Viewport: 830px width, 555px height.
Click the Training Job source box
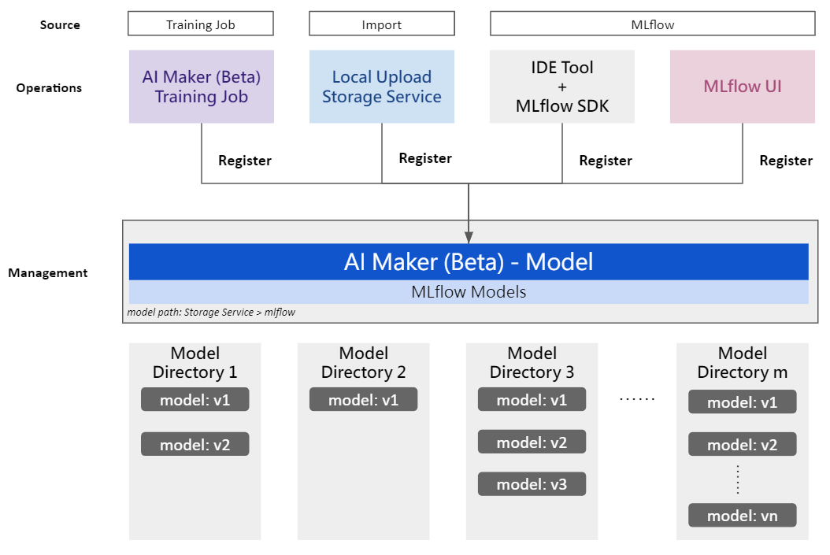201,24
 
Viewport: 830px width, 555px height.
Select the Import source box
382,24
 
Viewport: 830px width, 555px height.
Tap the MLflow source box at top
653,24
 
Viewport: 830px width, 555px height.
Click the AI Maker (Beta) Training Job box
202,87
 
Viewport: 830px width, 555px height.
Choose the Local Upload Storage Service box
382,87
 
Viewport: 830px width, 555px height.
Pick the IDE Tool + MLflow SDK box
562,87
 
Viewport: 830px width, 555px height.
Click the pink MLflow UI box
743,87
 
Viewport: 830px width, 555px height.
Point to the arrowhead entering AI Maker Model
469,238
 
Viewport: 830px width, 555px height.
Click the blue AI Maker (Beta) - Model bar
469,261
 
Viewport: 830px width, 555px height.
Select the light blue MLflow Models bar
469,291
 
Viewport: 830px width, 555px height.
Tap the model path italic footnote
211,313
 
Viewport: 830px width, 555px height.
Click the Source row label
60,25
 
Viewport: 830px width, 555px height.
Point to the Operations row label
49,88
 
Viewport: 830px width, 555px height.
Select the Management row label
47,273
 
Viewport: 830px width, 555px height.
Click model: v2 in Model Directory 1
195,445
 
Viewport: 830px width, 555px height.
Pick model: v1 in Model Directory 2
364,399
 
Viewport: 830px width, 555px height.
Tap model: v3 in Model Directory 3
532,483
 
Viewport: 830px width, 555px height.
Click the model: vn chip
743,516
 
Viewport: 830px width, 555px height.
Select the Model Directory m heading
743,362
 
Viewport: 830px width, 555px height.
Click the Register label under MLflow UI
786,161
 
